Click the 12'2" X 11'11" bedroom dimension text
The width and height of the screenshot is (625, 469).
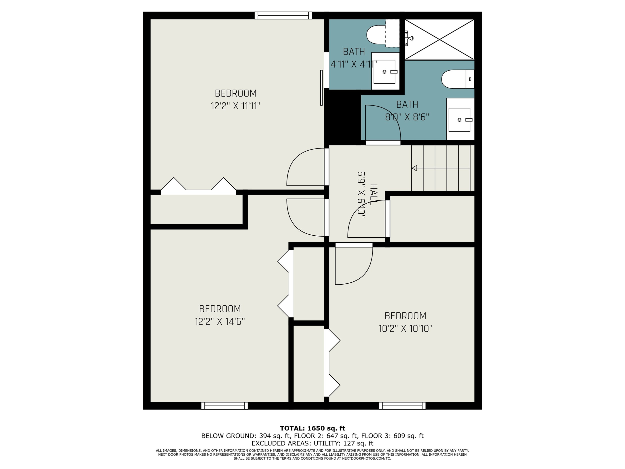pos(235,106)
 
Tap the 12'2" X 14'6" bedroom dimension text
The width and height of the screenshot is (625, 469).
pos(219,322)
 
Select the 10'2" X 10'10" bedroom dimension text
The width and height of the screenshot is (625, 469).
pos(405,328)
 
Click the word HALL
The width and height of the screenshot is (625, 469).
pos(373,195)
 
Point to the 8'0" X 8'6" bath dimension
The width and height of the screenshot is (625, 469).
pos(407,117)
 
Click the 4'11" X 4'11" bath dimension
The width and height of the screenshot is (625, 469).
pos(354,65)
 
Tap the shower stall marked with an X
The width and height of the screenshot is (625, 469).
pos(439,39)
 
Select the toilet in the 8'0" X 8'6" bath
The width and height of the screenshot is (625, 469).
pos(457,79)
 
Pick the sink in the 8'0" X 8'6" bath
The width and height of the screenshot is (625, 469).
pos(459,120)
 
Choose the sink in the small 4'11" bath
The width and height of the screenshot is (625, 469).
pos(384,72)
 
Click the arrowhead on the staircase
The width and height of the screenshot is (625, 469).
pos(414,168)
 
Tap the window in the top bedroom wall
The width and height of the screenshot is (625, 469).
pos(283,15)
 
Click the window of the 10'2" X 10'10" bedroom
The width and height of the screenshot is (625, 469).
pos(402,406)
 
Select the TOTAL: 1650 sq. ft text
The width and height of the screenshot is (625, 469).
pos(312,428)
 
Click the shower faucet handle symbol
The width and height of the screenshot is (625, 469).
pos(410,38)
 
